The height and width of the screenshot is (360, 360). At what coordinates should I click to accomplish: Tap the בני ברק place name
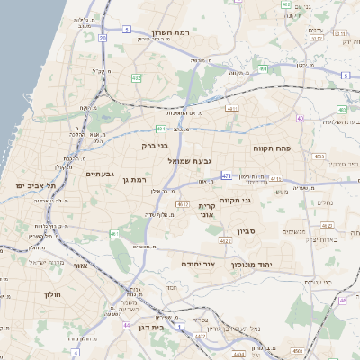(x=155, y=144)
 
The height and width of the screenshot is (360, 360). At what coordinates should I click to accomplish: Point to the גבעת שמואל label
(x=191, y=160)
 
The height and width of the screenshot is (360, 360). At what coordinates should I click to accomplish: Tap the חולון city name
(x=51, y=294)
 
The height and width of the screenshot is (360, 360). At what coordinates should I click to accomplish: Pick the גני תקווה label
(x=234, y=201)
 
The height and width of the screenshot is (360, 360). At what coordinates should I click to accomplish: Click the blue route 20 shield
(x=103, y=39)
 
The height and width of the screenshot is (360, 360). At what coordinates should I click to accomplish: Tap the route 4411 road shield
(x=232, y=108)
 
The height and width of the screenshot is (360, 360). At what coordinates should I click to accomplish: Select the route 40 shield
(x=301, y=118)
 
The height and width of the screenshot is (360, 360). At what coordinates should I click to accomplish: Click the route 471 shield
(x=226, y=175)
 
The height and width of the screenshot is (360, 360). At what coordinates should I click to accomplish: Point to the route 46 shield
(x=343, y=300)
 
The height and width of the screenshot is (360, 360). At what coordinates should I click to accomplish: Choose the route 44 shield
(x=127, y=325)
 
